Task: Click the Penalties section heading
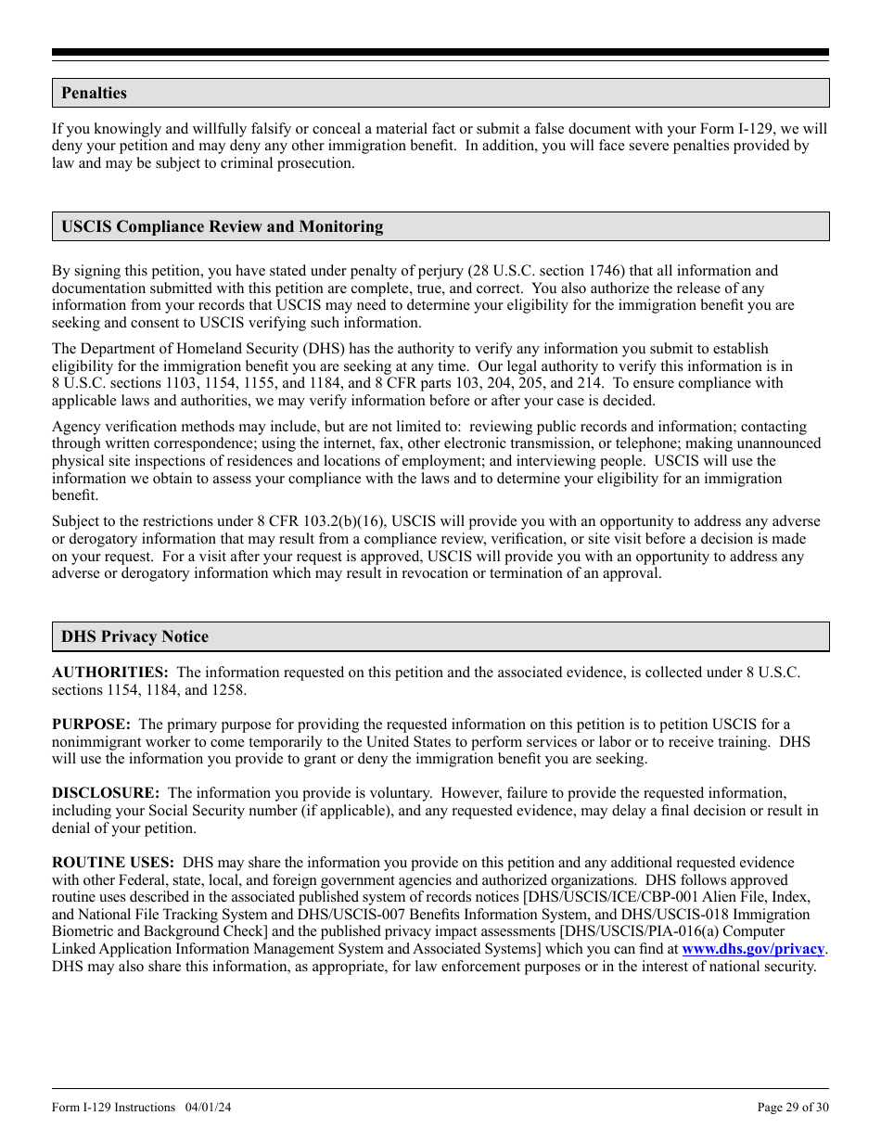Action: (x=94, y=94)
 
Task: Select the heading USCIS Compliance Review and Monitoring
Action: (x=222, y=227)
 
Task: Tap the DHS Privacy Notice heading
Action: (x=134, y=637)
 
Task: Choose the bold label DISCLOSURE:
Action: (x=106, y=793)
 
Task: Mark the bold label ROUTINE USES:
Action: (x=112, y=863)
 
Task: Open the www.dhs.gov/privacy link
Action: (x=753, y=949)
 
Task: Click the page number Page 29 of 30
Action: (x=793, y=1107)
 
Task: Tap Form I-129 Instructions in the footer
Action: (x=114, y=1107)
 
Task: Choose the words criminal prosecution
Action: (x=294, y=163)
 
